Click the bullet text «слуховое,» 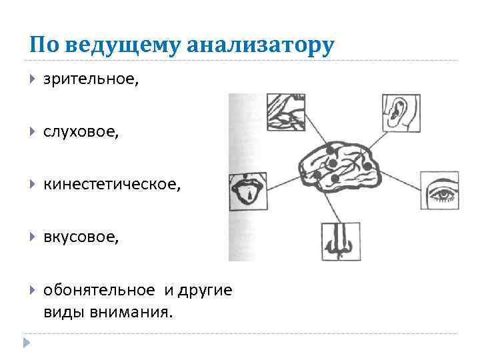coord(82,132)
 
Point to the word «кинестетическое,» coord(112,184)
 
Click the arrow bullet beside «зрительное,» coord(33,80)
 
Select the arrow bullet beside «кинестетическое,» coord(33,185)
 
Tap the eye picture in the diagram coord(439,191)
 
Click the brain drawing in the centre coord(338,168)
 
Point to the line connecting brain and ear coord(375,138)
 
